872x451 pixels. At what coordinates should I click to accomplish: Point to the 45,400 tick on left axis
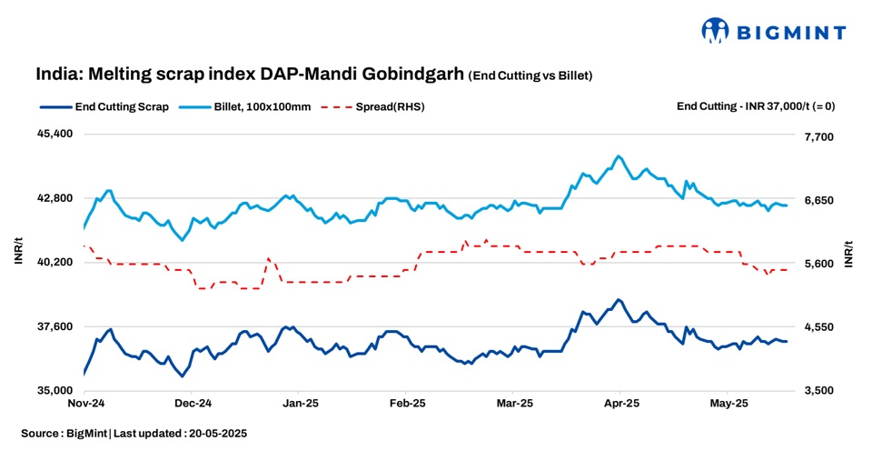[54, 134]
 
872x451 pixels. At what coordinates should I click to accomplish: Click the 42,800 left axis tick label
[54, 198]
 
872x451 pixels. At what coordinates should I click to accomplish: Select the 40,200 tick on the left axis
[54, 262]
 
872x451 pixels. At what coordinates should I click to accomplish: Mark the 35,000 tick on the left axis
[54, 390]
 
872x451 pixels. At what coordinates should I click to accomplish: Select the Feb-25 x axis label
[407, 402]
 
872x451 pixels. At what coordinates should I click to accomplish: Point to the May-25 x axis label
[728, 402]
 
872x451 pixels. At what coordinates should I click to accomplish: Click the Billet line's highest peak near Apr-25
[619, 156]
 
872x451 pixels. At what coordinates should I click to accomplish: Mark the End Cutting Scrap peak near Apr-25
[619, 299]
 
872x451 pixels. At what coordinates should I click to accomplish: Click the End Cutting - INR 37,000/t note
[756, 106]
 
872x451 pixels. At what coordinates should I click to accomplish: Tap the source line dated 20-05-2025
[134, 434]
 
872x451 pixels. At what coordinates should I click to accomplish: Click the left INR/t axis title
[18, 254]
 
